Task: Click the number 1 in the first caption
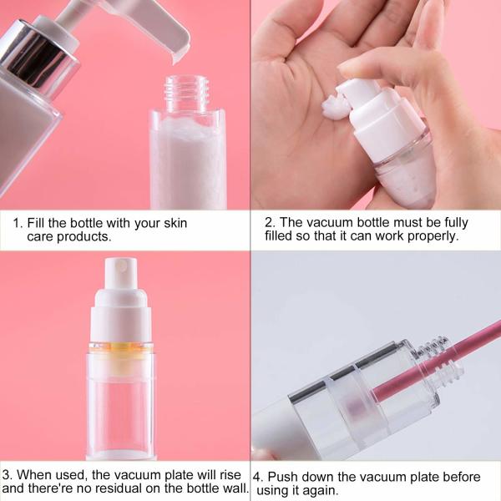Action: coord(17,224)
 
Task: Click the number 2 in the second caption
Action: coord(269,223)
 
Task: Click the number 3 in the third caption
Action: coord(7,476)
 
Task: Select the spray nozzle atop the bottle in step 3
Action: coord(120,272)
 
